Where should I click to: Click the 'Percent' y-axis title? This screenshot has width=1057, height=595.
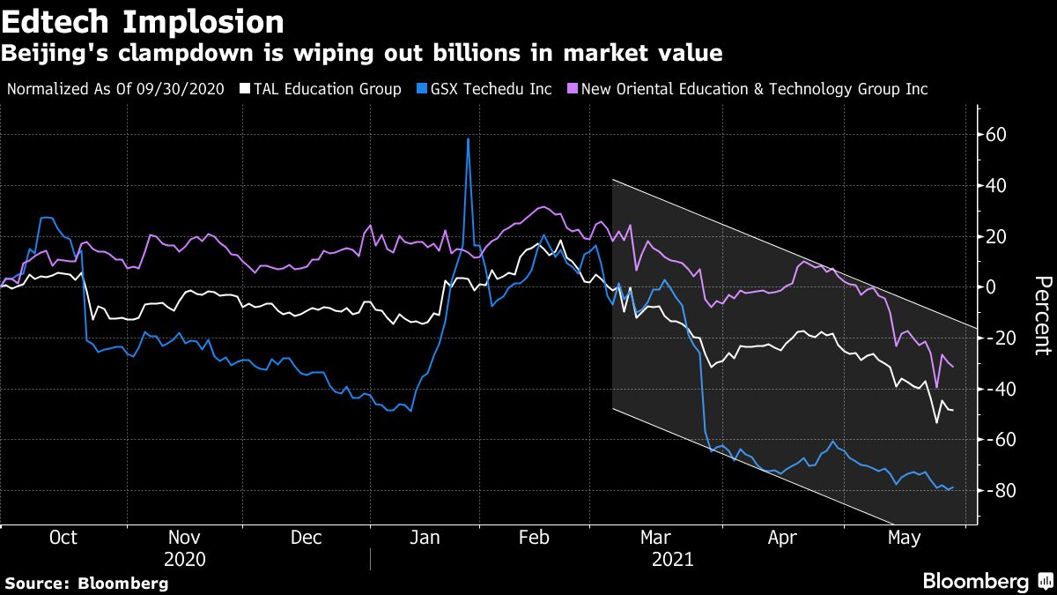pos(1042,315)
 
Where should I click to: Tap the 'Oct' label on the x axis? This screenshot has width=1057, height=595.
pos(63,538)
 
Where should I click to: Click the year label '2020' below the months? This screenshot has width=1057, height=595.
pos(184,560)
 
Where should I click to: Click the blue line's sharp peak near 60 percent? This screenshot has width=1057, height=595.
pos(468,139)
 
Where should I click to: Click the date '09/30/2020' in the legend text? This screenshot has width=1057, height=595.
pos(185,89)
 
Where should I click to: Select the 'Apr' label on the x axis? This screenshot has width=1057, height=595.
pos(780,538)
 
